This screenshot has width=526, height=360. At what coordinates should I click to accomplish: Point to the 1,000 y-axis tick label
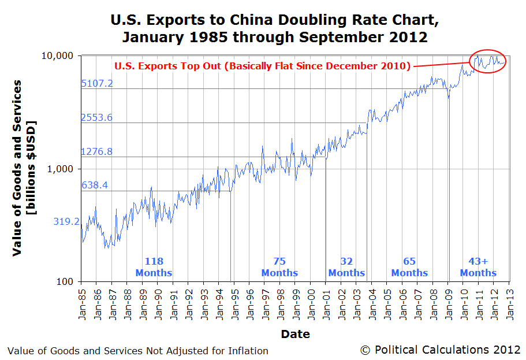pyautogui.click(x=64, y=169)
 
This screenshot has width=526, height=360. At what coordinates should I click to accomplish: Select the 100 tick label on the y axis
pyautogui.click(x=69, y=281)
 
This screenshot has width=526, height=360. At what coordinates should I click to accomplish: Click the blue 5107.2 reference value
pyautogui.click(x=97, y=83)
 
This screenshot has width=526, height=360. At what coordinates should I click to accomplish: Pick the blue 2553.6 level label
pyautogui.click(x=97, y=117)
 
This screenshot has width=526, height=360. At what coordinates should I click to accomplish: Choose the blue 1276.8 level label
pyautogui.click(x=97, y=151)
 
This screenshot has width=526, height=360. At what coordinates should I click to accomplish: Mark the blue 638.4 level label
pyautogui.click(x=95, y=185)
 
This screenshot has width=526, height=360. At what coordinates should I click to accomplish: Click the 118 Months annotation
pyautogui.click(x=154, y=267)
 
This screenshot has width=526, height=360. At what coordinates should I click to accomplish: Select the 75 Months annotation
pyautogui.click(x=279, y=267)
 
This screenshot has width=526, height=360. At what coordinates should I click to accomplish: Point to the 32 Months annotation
pyautogui.click(x=346, y=267)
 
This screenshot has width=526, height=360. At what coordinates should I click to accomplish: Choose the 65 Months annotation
pyautogui.click(x=409, y=267)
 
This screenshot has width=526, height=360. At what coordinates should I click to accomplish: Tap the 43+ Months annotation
pyautogui.click(x=478, y=267)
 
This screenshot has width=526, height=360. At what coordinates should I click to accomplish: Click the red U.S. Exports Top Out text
pyautogui.click(x=262, y=65)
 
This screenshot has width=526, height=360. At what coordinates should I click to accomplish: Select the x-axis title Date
pyautogui.click(x=295, y=334)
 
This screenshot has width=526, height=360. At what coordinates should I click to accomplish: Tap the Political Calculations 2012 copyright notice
pyautogui.click(x=440, y=350)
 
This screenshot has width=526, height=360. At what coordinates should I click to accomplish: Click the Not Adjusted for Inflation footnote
pyautogui.click(x=138, y=350)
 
